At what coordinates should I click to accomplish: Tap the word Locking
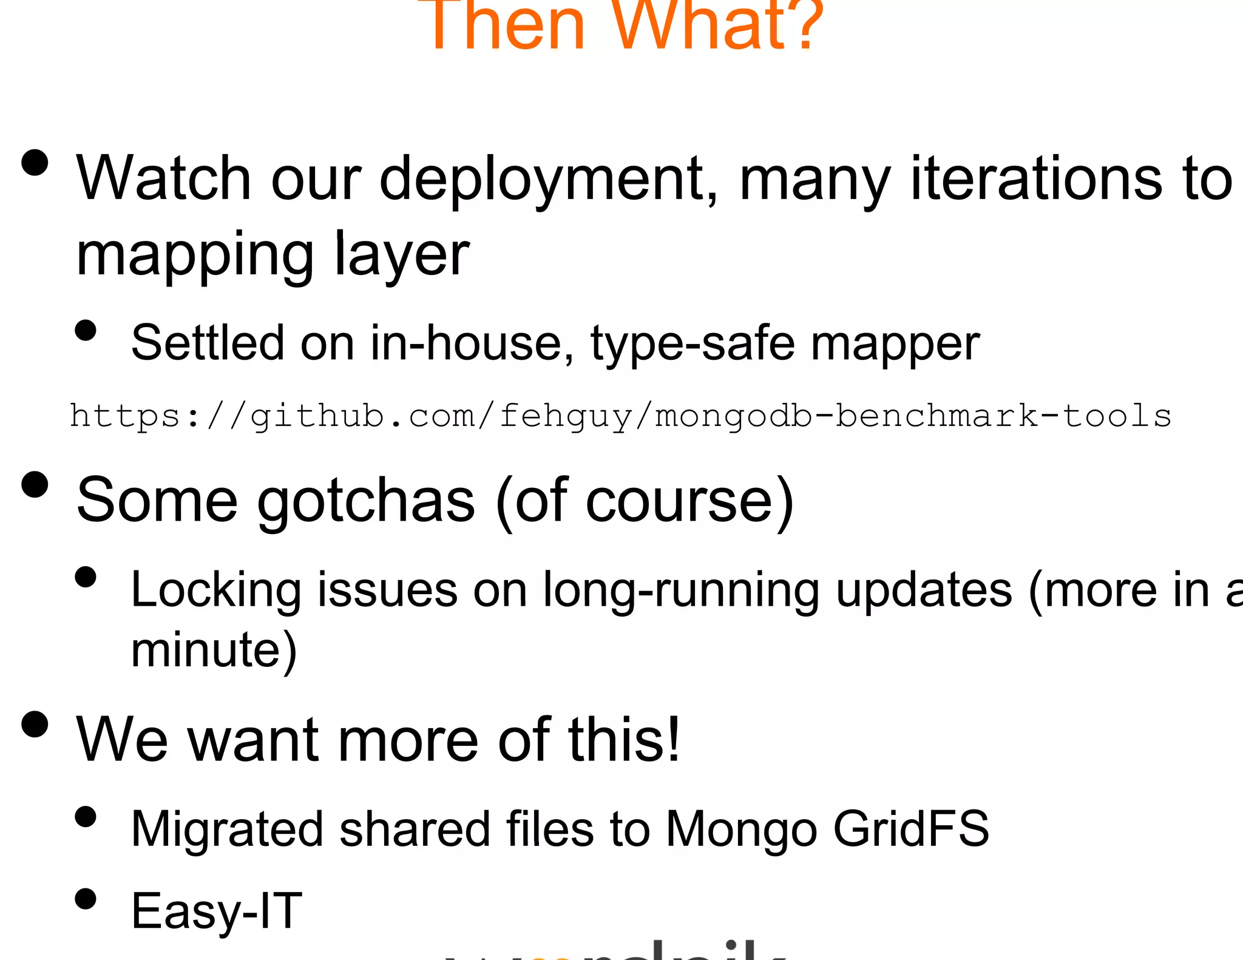(x=216, y=590)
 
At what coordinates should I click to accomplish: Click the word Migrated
(x=227, y=830)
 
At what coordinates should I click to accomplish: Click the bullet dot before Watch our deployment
(x=35, y=163)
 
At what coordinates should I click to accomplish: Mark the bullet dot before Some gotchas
(x=35, y=484)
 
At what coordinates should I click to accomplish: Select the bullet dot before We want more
(x=35, y=724)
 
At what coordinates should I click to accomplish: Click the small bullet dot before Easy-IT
(x=86, y=899)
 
